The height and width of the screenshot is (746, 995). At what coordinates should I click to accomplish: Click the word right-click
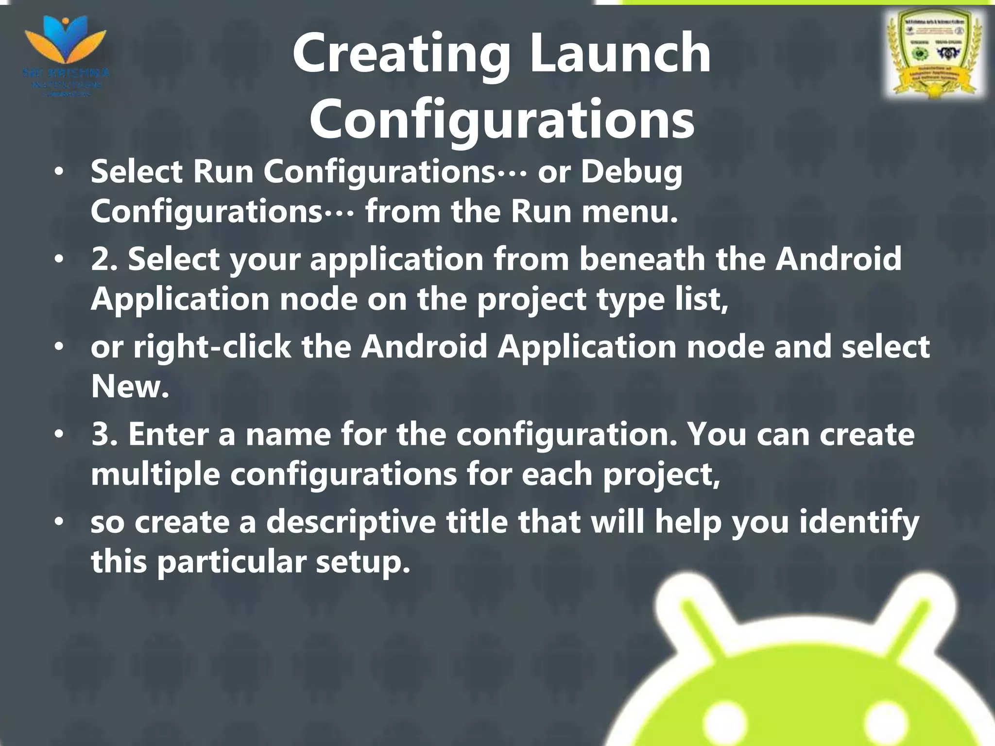[212, 347]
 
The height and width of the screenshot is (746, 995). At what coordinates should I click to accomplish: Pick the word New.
[130, 387]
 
